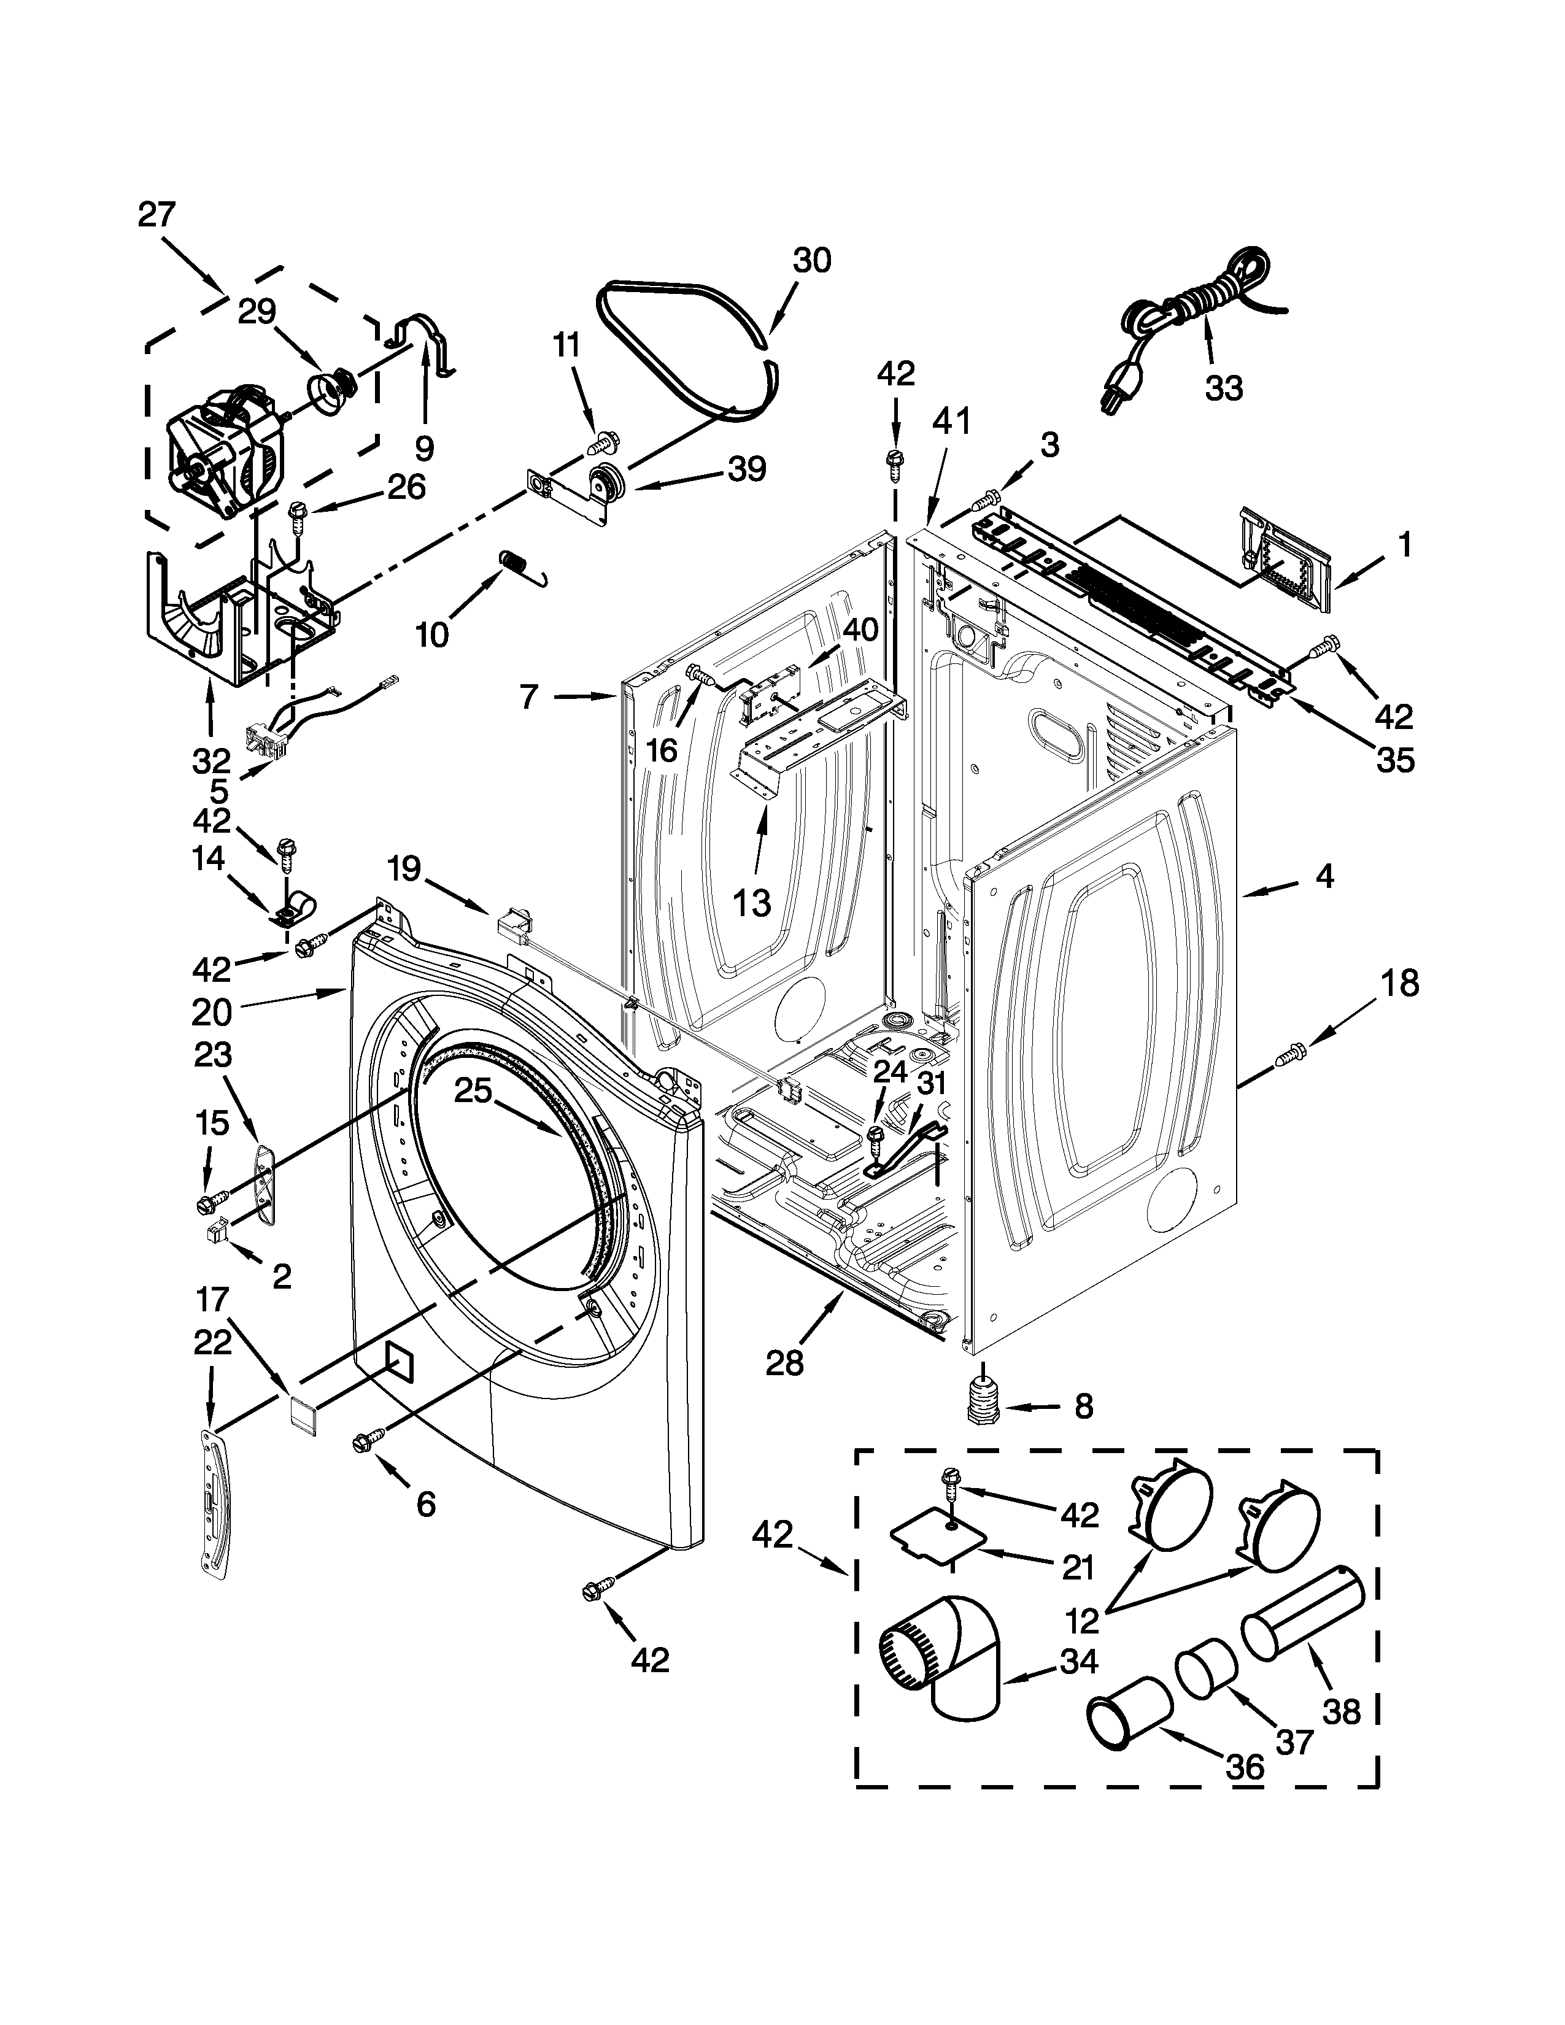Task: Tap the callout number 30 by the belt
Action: coord(811,261)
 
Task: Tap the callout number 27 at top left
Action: coord(156,215)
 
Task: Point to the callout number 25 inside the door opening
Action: coord(472,1091)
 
